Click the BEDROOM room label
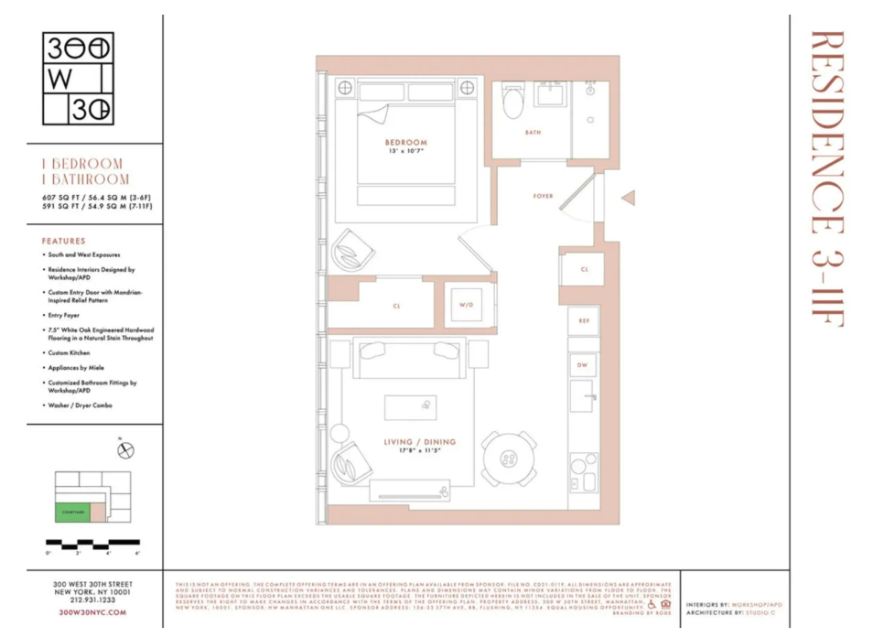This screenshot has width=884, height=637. [x=405, y=143]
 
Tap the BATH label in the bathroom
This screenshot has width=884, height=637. [x=533, y=133]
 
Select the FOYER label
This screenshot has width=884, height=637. [x=543, y=196]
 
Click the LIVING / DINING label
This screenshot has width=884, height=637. [x=419, y=442]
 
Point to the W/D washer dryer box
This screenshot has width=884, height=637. [x=464, y=306]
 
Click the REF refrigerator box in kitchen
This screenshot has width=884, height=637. [x=583, y=320]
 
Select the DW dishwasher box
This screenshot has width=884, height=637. [x=582, y=364]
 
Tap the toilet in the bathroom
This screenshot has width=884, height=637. [x=512, y=103]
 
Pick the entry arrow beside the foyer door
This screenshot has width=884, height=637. [x=628, y=198]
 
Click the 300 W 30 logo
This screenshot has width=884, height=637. [x=79, y=80]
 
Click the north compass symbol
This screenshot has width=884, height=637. [x=126, y=449]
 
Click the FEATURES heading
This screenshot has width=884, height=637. [x=64, y=241]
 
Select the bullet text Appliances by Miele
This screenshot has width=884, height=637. [x=78, y=367]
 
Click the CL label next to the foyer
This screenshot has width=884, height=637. [x=584, y=269]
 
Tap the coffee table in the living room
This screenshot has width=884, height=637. [x=410, y=407]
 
